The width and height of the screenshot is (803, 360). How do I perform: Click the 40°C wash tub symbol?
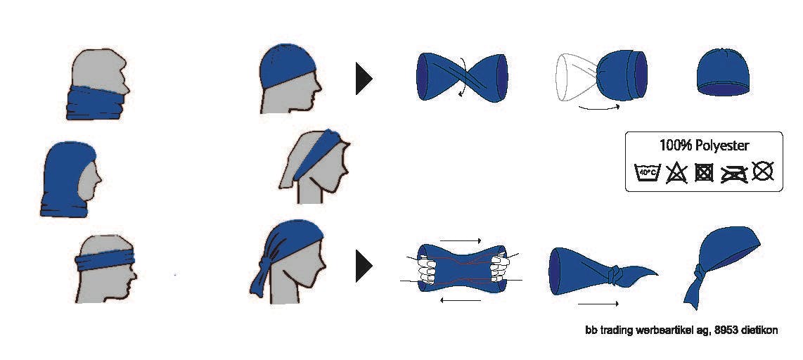click(648, 172)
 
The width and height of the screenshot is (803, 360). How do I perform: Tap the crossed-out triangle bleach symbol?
click(676, 173)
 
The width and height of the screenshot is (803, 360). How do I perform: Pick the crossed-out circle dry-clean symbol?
click(762, 171)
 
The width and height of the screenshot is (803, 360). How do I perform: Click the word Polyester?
click(721, 146)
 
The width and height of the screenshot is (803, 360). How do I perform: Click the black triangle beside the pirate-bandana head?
click(364, 266)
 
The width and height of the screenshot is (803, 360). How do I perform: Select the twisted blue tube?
click(462, 77)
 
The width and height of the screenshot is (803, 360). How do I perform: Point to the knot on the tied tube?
click(614, 276)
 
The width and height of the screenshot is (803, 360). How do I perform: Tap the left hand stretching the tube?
click(427, 269)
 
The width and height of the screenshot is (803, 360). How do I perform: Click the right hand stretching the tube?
click(499, 267)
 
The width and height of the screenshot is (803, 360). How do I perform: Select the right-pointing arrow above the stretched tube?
click(461, 240)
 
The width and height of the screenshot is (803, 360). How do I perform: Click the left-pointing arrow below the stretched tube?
click(461, 300)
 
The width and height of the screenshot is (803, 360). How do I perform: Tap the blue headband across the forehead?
click(105, 259)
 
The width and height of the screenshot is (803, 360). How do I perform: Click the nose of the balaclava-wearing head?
click(98, 180)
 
